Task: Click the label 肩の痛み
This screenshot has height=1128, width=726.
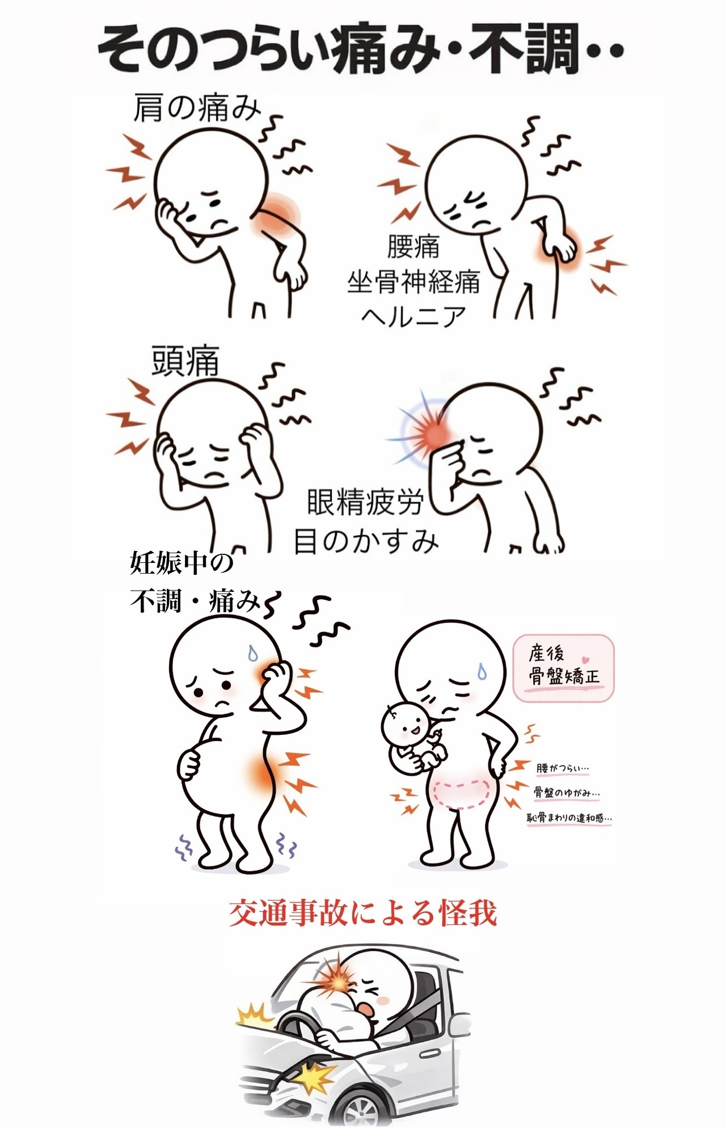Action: pyautogui.click(x=197, y=108)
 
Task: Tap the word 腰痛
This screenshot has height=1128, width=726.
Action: pyautogui.click(x=413, y=246)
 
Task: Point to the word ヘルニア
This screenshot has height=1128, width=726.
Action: pyautogui.click(x=413, y=316)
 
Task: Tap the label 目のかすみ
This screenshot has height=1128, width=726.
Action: pyautogui.click(x=366, y=540)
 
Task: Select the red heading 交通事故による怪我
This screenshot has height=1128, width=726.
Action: pyautogui.click(x=363, y=913)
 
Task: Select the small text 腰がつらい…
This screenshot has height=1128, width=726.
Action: pyautogui.click(x=563, y=769)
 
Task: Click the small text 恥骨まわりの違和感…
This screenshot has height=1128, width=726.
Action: pyautogui.click(x=570, y=818)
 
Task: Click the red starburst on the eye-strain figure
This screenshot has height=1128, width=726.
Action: pyautogui.click(x=434, y=433)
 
